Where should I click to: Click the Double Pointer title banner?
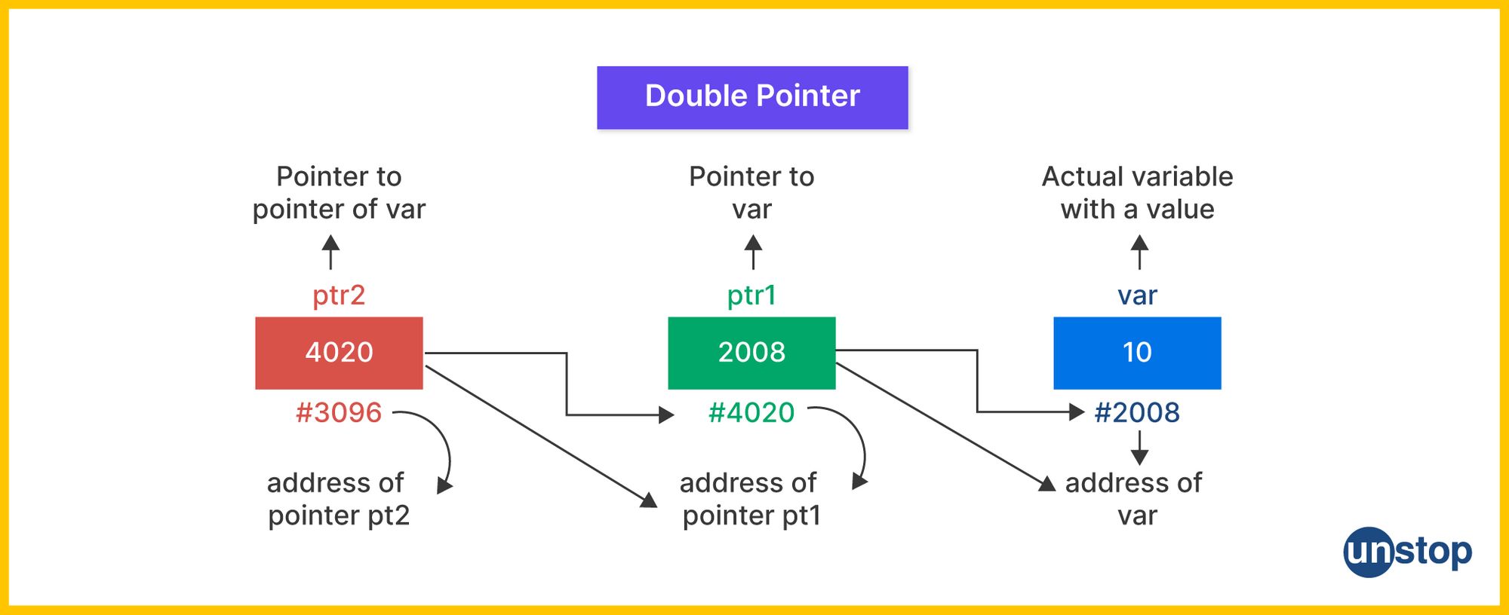(x=752, y=97)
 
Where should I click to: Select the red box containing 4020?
(x=339, y=353)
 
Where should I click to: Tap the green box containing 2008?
(x=751, y=353)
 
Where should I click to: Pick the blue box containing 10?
(x=1137, y=353)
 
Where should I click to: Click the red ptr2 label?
(x=339, y=295)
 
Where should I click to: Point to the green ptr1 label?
(x=751, y=295)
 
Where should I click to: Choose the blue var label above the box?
(x=1137, y=295)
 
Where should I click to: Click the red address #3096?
(x=339, y=413)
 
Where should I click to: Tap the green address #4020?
(x=751, y=413)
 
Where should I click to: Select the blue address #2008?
(x=1137, y=413)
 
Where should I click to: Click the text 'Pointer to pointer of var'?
(x=339, y=193)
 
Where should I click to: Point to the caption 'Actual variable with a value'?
(x=1137, y=193)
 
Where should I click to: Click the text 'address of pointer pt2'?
(x=339, y=499)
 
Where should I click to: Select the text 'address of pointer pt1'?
(x=751, y=499)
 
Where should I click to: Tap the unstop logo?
(x=1407, y=552)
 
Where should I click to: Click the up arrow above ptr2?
(x=330, y=252)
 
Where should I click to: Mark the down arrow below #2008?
(x=1139, y=448)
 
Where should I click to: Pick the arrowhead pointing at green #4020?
(x=665, y=415)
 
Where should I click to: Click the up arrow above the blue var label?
(x=1139, y=252)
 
